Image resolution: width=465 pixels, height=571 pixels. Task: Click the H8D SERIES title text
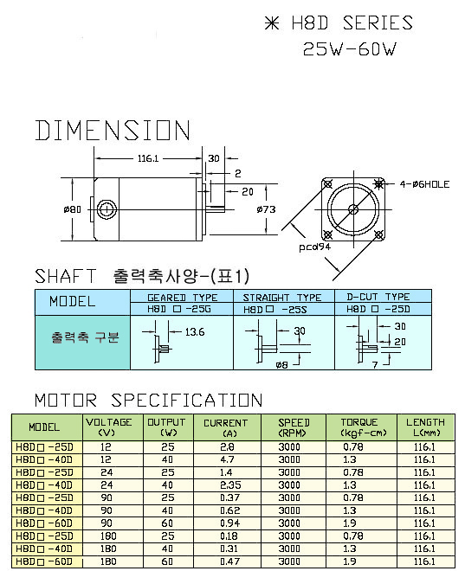click(352, 23)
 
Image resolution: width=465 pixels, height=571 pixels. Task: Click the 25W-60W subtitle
click(350, 48)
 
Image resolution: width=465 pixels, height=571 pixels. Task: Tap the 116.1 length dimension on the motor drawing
click(148, 158)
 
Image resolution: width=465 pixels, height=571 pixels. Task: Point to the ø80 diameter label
click(72, 209)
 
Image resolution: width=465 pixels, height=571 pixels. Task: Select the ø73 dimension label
click(266, 209)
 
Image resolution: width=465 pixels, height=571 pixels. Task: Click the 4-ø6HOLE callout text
click(424, 184)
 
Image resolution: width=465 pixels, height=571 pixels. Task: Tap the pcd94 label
click(314, 247)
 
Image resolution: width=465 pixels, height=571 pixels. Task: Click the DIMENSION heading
click(113, 131)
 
